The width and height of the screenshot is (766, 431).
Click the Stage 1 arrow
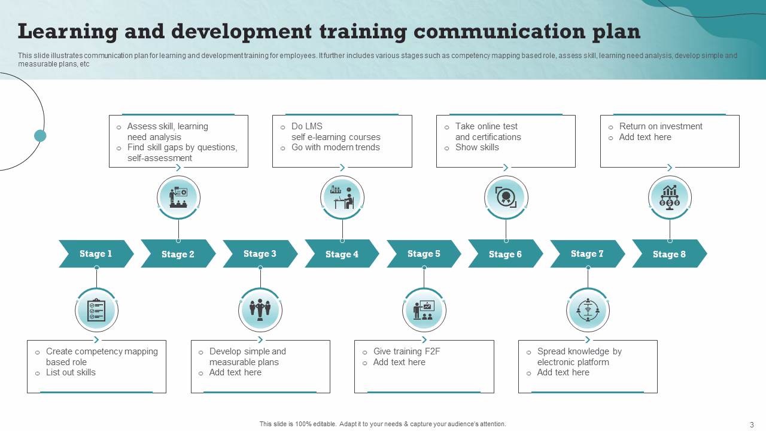point(96,254)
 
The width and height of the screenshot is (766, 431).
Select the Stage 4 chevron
point(342,254)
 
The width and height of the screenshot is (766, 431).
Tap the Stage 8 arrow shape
point(669,254)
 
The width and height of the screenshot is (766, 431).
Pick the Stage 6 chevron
point(505,254)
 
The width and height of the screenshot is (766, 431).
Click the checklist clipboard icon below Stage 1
point(96,310)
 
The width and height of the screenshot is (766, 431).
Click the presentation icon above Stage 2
point(178,198)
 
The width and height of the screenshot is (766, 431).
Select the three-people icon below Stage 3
point(260,310)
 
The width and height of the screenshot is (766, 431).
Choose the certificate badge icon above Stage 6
point(506,198)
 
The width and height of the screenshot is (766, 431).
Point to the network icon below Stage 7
point(588,310)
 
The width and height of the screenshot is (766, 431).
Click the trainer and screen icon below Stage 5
point(424,310)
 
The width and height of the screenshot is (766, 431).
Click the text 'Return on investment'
point(661,126)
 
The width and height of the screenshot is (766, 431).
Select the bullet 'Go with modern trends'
point(335,147)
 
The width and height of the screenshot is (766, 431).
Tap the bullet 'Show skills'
point(477,147)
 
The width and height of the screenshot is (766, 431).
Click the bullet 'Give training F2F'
point(406,351)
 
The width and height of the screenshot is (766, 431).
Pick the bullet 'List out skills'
point(71,372)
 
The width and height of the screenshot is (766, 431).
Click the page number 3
point(752,424)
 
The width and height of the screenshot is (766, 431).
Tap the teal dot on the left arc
point(40,135)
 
